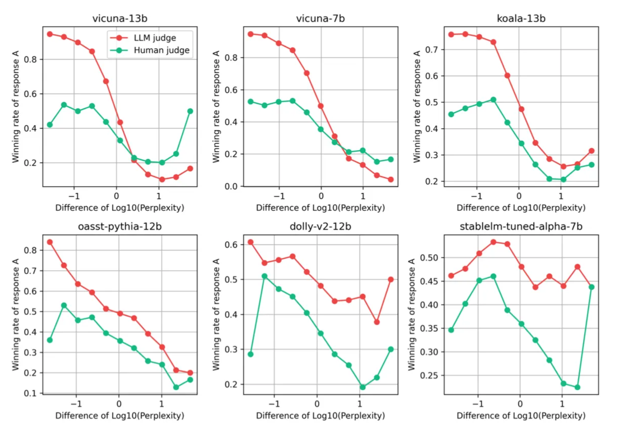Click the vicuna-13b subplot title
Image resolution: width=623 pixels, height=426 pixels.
click(x=120, y=18)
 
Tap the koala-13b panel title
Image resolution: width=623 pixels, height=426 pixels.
click(x=521, y=18)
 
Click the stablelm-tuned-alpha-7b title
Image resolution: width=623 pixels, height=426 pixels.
click(x=521, y=227)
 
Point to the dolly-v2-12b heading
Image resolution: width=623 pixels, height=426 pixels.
click(x=320, y=227)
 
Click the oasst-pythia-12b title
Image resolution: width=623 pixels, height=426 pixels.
click(x=120, y=227)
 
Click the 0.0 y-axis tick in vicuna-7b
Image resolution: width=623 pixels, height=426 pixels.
click(x=231, y=186)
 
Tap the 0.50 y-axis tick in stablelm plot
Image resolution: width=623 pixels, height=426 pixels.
click(x=429, y=258)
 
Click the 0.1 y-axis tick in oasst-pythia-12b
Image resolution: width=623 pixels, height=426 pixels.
click(x=30, y=393)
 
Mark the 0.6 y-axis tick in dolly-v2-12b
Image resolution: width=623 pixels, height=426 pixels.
click(x=231, y=245)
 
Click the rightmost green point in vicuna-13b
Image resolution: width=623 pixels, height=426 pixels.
click(x=190, y=111)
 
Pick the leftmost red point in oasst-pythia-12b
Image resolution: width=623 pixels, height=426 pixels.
click(x=50, y=242)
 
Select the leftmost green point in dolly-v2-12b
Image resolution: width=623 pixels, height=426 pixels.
click(x=250, y=354)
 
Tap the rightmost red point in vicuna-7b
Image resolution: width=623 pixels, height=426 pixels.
click(x=391, y=179)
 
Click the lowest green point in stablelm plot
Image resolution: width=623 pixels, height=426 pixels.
click(x=577, y=387)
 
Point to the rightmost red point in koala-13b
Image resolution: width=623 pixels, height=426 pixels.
click(x=592, y=151)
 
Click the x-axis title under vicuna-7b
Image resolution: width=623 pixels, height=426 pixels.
click(x=320, y=208)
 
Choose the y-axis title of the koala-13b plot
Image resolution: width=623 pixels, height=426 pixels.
click(x=417, y=107)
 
